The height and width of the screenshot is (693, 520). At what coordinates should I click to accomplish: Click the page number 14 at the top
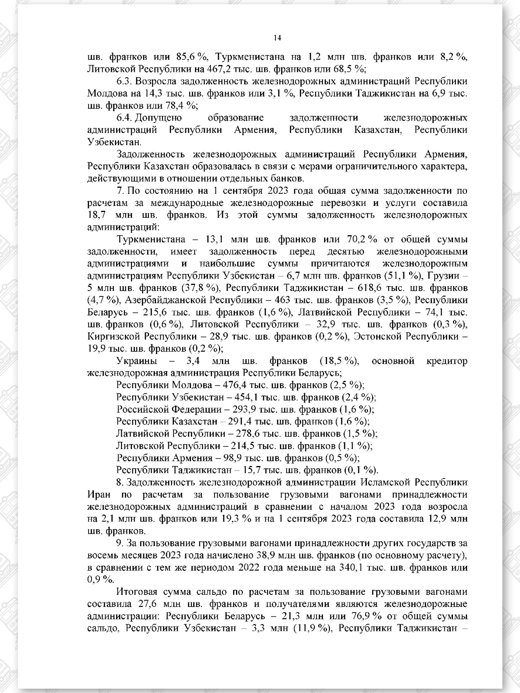[277, 38]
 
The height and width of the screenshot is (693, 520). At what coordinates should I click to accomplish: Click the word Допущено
[159, 118]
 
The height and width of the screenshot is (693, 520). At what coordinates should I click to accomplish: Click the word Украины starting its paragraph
[137, 361]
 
